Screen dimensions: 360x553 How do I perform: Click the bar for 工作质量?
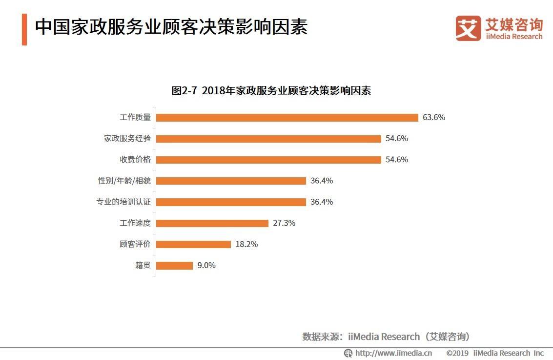point(287,118)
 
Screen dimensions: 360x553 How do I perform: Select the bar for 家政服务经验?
point(268,139)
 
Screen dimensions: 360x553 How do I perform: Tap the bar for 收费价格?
point(268,160)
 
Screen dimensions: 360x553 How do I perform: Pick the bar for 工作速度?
point(212,223)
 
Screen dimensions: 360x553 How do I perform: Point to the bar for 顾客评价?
point(193,244)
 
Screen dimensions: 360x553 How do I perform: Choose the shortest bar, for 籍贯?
point(175,266)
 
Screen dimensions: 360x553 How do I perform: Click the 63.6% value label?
point(434,118)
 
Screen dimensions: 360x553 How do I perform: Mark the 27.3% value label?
point(284,223)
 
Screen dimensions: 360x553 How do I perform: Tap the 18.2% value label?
point(246,244)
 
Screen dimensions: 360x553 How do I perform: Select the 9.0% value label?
point(206,266)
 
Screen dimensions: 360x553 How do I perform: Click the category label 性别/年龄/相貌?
point(124,181)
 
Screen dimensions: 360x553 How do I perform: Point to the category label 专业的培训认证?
point(123,202)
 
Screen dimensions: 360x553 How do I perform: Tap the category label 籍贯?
point(143,266)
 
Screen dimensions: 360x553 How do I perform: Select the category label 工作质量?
point(135,118)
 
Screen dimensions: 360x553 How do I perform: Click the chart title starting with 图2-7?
point(271,91)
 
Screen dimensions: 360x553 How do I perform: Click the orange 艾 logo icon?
point(468,28)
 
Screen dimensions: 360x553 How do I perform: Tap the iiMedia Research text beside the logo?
point(514,37)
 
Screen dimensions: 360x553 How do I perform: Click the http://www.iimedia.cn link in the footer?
point(393,353)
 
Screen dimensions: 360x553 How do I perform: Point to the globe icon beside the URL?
point(348,353)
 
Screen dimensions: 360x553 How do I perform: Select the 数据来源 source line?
point(386,337)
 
